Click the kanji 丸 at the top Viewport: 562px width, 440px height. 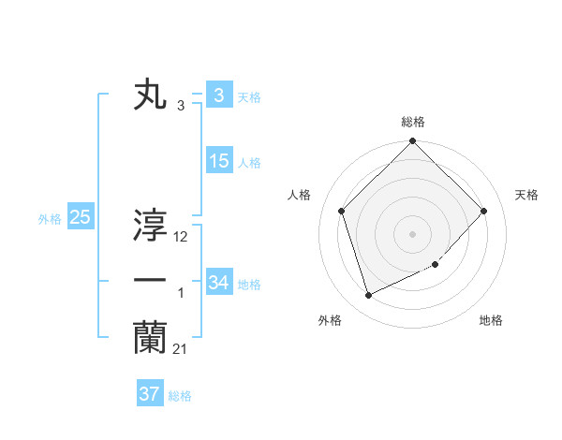[150, 95]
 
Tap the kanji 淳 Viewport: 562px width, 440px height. [150, 225]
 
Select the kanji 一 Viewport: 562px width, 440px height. [150, 281]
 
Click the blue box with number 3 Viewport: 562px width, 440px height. [218, 95]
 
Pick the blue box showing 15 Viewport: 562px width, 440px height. [218, 161]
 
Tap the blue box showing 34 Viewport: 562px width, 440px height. [218, 282]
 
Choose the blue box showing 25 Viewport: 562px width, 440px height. [80, 218]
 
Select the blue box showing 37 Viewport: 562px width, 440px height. [149, 394]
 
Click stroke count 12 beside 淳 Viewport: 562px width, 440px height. [181, 238]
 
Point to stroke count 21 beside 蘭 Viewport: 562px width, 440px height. [180, 349]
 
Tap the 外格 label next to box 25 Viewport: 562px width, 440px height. [50, 219]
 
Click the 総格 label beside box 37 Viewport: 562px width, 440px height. [180, 396]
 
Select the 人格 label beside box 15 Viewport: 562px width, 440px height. [249, 163]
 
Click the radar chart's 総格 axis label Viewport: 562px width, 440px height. [413, 122]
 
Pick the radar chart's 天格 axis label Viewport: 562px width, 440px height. [527, 195]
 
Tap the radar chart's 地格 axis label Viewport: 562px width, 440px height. [491, 320]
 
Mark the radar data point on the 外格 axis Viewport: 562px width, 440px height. [368, 295]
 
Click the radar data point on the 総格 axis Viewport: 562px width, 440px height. [413, 142]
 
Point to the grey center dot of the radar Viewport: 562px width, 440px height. [413, 233]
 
